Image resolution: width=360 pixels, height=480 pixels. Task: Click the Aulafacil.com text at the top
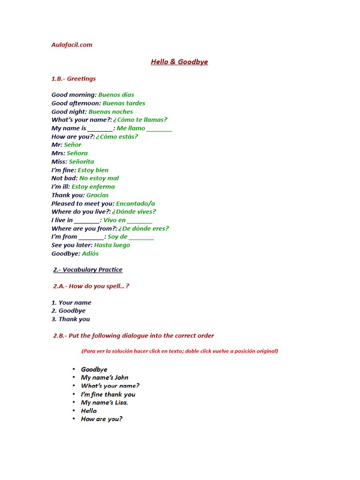(72, 45)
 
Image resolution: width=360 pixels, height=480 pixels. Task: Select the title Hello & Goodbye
(179, 62)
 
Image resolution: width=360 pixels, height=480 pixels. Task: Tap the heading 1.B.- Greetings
(74, 79)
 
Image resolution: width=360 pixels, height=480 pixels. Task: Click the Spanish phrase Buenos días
(116, 95)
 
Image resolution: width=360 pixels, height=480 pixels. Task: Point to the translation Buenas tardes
(124, 103)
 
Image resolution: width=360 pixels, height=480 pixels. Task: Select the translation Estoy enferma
(93, 187)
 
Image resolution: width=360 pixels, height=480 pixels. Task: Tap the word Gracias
(97, 195)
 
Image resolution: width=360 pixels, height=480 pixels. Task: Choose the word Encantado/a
(135, 203)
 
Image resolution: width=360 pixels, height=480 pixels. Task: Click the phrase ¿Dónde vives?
(134, 212)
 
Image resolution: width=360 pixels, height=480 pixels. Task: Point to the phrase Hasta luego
(112, 245)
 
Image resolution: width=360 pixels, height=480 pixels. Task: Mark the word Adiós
(90, 254)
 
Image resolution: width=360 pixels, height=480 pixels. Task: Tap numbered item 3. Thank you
(71, 319)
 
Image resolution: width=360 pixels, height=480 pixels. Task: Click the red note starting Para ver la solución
(180, 351)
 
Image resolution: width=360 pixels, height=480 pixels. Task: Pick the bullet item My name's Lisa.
(105, 403)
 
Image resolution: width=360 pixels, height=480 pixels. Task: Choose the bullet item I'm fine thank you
(108, 394)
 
